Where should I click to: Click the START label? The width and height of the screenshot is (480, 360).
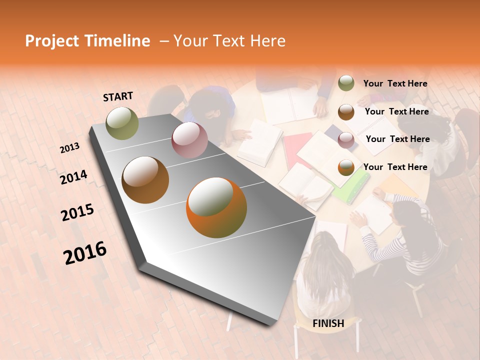pyautogui.click(x=118, y=96)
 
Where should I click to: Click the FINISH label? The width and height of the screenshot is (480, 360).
pyautogui.click(x=328, y=323)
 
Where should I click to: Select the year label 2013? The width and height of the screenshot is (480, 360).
pyautogui.click(x=69, y=148)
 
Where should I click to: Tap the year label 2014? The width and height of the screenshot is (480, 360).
pyautogui.click(x=73, y=177)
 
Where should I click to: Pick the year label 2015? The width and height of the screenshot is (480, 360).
pyautogui.click(x=77, y=212)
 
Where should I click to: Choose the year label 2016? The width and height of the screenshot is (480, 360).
pyautogui.click(x=85, y=253)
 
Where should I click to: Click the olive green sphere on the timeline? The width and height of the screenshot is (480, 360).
pyautogui.click(x=122, y=123)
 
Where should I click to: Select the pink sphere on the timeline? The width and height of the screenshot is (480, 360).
pyautogui.click(x=189, y=139)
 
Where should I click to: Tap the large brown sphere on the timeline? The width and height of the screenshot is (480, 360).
pyautogui.click(x=145, y=180)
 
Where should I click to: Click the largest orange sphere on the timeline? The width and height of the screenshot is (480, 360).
pyautogui.click(x=216, y=207)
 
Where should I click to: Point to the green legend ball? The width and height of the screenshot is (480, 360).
pyautogui.click(x=346, y=83)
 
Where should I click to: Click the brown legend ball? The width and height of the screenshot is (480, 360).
pyautogui.click(x=346, y=112)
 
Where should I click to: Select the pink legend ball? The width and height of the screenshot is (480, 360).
pyautogui.click(x=346, y=140)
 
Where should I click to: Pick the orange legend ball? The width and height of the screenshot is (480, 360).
pyautogui.click(x=346, y=167)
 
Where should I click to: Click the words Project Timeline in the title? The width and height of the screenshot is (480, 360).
pyautogui.click(x=87, y=41)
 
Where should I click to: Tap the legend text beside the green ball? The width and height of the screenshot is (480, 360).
pyautogui.click(x=395, y=83)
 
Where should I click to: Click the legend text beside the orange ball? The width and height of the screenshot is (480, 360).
pyautogui.click(x=395, y=167)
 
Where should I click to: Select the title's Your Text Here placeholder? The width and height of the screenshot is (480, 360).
pyautogui.click(x=229, y=41)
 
